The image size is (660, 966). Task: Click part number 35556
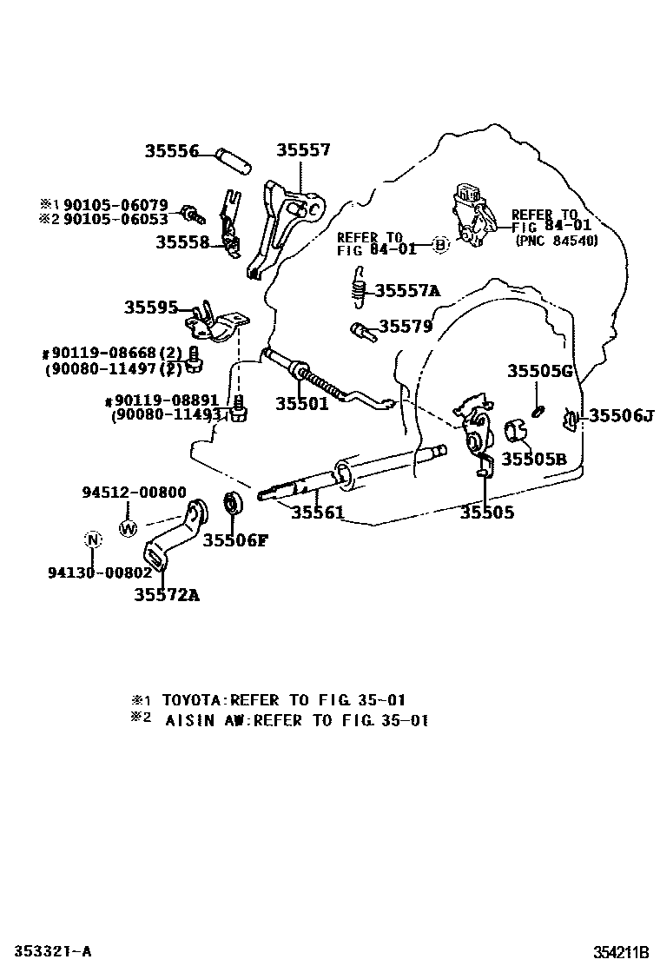(x=172, y=151)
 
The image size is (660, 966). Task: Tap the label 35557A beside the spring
(x=407, y=290)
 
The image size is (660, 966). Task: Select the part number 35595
(x=151, y=308)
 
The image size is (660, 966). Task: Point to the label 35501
(x=301, y=404)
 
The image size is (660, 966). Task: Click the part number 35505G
(x=540, y=371)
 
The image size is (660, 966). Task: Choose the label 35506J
(x=621, y=416)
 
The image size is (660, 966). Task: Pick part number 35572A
(x=167, y=594)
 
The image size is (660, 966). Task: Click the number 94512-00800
(x=135, y=493)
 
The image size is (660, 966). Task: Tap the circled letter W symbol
(x=128, y=528)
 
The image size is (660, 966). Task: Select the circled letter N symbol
(x=92, y=539)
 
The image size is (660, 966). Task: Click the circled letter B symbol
(x=439, y=245)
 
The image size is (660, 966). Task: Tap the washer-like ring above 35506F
(x=234, y=503)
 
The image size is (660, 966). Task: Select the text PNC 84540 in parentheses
(x=557, y=241)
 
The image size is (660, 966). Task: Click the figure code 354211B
(x=621, y=952)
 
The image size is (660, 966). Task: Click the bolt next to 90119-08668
(x=194, y=359)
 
